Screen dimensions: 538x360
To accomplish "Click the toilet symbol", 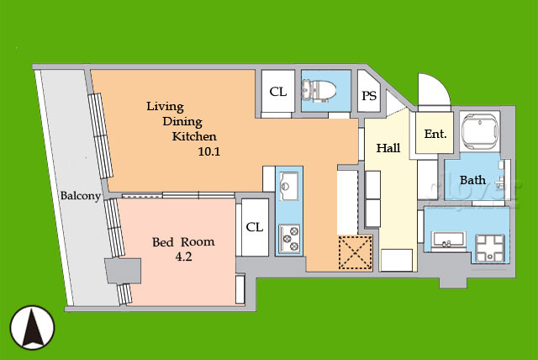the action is click(x=318, y=91).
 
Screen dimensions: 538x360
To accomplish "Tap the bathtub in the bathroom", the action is click(x=480, y=131).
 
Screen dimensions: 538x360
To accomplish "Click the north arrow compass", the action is click(x=32, y=327).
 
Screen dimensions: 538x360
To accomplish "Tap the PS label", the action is click(x=369, y=95).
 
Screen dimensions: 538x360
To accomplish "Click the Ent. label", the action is click(x=435, y=134).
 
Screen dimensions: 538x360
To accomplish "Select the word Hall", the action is click(x=388, y=148).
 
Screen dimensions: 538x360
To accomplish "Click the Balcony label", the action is click(x=81, y=196).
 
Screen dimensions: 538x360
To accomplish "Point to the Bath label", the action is click(x=472, y=180).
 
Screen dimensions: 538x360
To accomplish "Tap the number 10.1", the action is click(x=209, y=151).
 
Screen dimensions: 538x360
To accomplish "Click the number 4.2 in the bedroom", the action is click(x=183, y=257).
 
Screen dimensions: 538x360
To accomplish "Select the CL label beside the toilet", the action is click(x=278, y=92).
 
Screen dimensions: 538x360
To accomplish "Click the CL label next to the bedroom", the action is click(x=255, y=227).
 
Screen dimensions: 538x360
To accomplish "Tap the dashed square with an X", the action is click(x=356, y=252).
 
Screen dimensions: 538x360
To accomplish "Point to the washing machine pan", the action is click(x=490, y=248).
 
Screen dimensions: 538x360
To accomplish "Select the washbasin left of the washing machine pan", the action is click(x=448, y=241).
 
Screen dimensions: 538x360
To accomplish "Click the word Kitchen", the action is click(x=194, y=136).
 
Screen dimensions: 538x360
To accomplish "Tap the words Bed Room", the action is click(x=183, y=242).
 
